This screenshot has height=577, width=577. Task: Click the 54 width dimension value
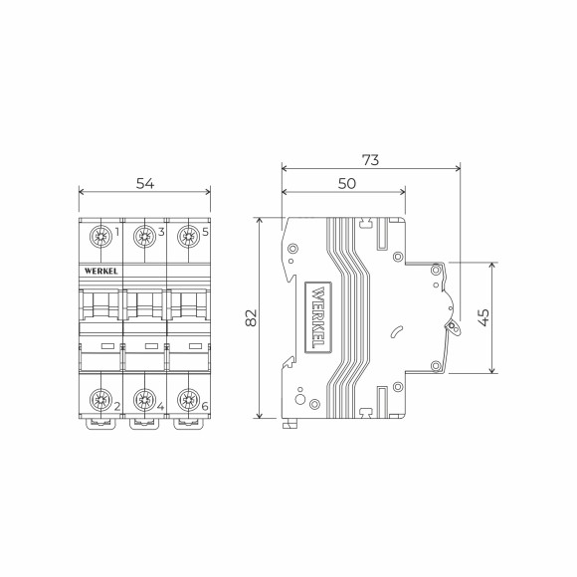(144, 182)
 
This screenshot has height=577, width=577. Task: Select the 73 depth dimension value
(370, 159)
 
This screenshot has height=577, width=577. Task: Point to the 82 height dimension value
(251, 317)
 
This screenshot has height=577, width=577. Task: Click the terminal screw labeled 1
(100, 237)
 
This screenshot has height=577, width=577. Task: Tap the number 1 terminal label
(117, 234)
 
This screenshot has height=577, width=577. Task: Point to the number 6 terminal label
(205, 406)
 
